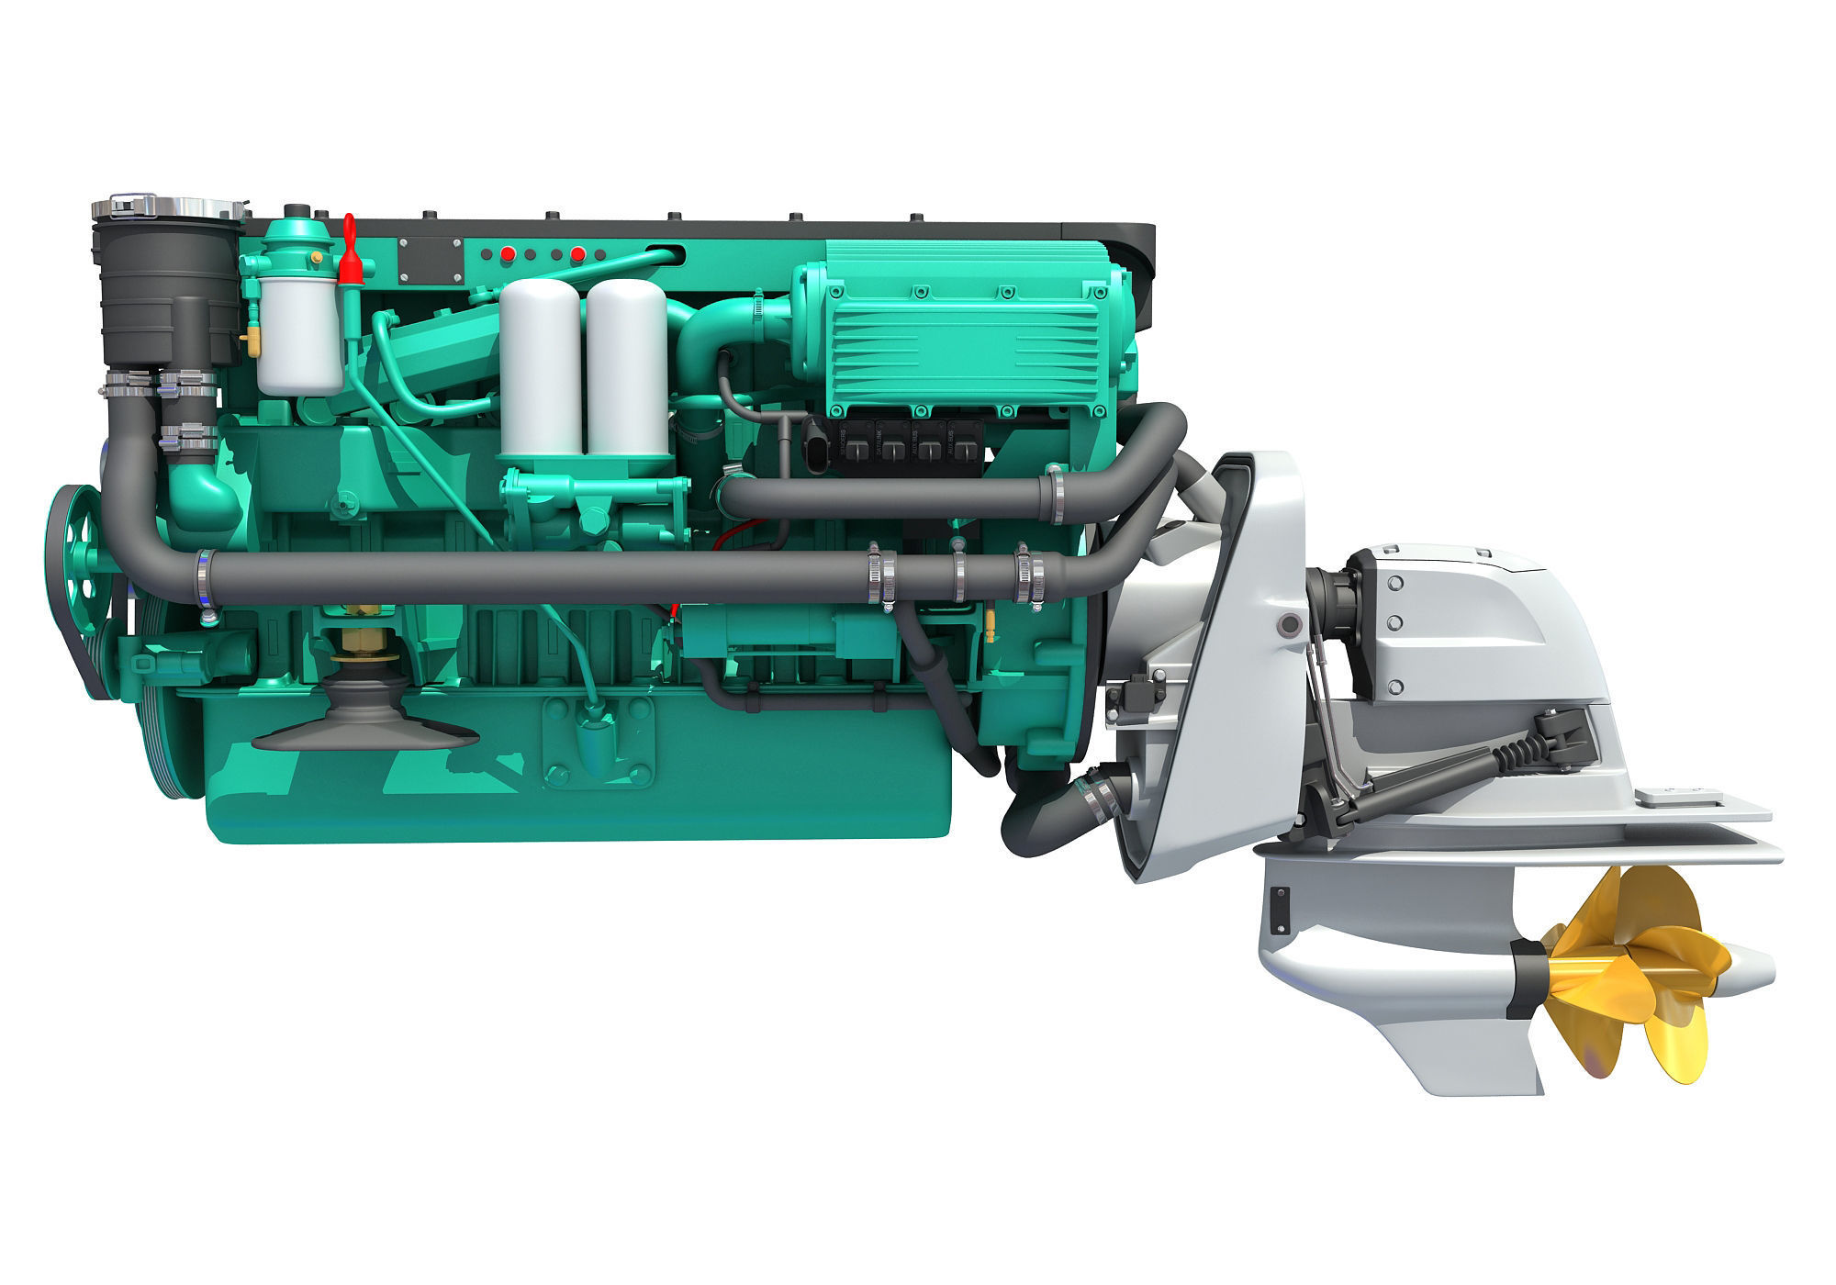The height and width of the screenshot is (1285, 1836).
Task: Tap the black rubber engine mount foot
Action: pyautogui.click(x=364, y=725)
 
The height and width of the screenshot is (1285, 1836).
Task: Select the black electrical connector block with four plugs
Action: pyautogui.click(x=904, y=453)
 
